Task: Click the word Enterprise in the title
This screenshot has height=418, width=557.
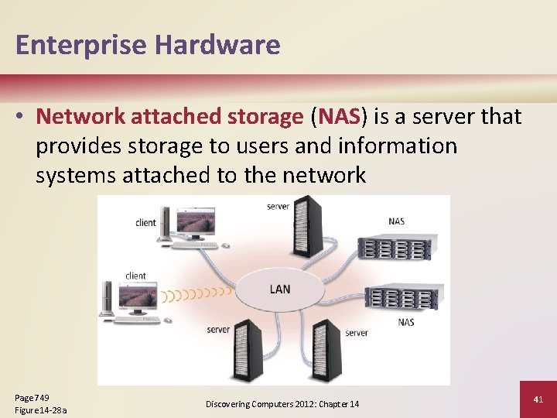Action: click(80, 45)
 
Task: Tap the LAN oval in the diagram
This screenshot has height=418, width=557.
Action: click(279, 290)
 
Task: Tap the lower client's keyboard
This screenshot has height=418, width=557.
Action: click(140, 319)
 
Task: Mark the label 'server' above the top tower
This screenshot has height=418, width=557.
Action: click(278, 207)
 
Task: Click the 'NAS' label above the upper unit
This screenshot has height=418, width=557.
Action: click(396, 222)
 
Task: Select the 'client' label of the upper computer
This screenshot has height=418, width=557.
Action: click(145, 223)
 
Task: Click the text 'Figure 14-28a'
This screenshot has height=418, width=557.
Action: click(41, 409)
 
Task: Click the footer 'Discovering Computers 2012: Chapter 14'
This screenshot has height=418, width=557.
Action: click(282, 404)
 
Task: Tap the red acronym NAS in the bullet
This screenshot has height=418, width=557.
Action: click(337, 117)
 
